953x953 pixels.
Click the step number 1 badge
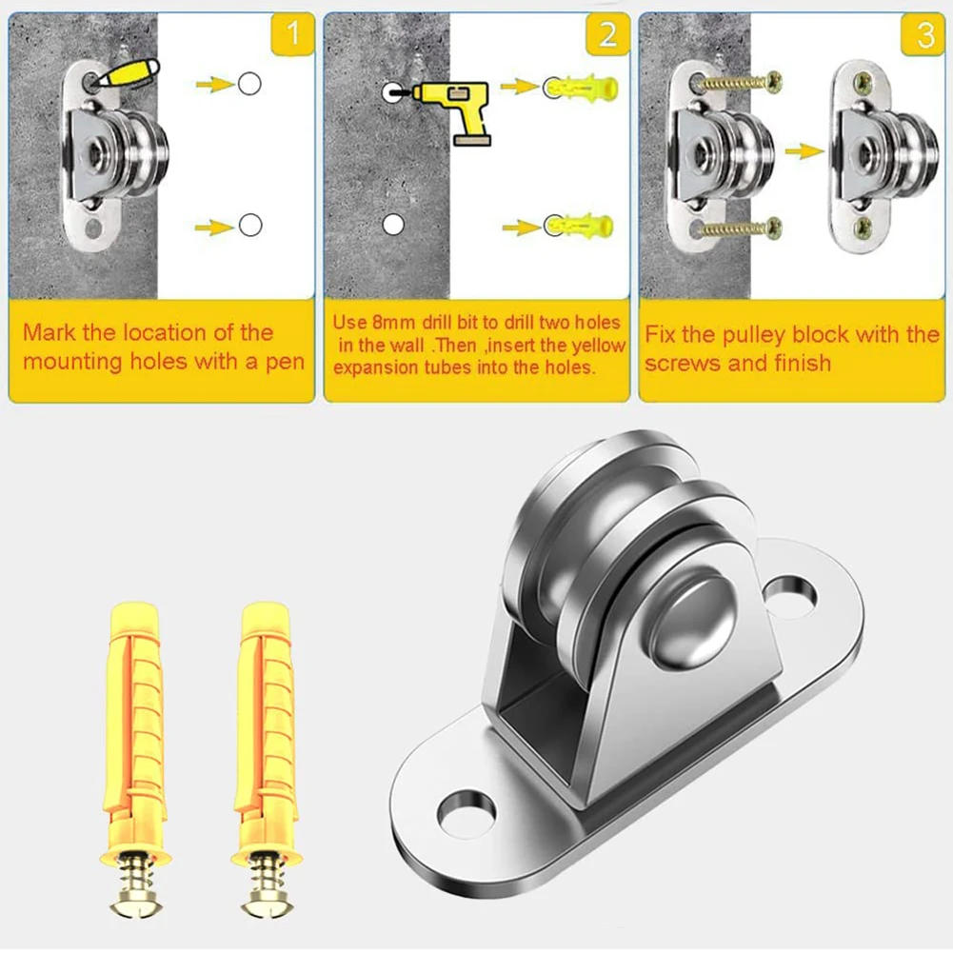(x=293, y=34)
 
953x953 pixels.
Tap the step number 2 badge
(x=607, y=34)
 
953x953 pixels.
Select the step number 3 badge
(x=923, y=34)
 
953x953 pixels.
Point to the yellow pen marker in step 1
(x=129, y=74)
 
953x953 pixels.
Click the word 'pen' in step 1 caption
(x=285, y=363)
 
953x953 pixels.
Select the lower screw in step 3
(x=741, y=228)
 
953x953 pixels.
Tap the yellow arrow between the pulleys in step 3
(x=804, y=150)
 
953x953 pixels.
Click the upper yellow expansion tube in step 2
(x=582, y=88)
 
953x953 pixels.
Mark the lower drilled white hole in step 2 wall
(x=393, y=225)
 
